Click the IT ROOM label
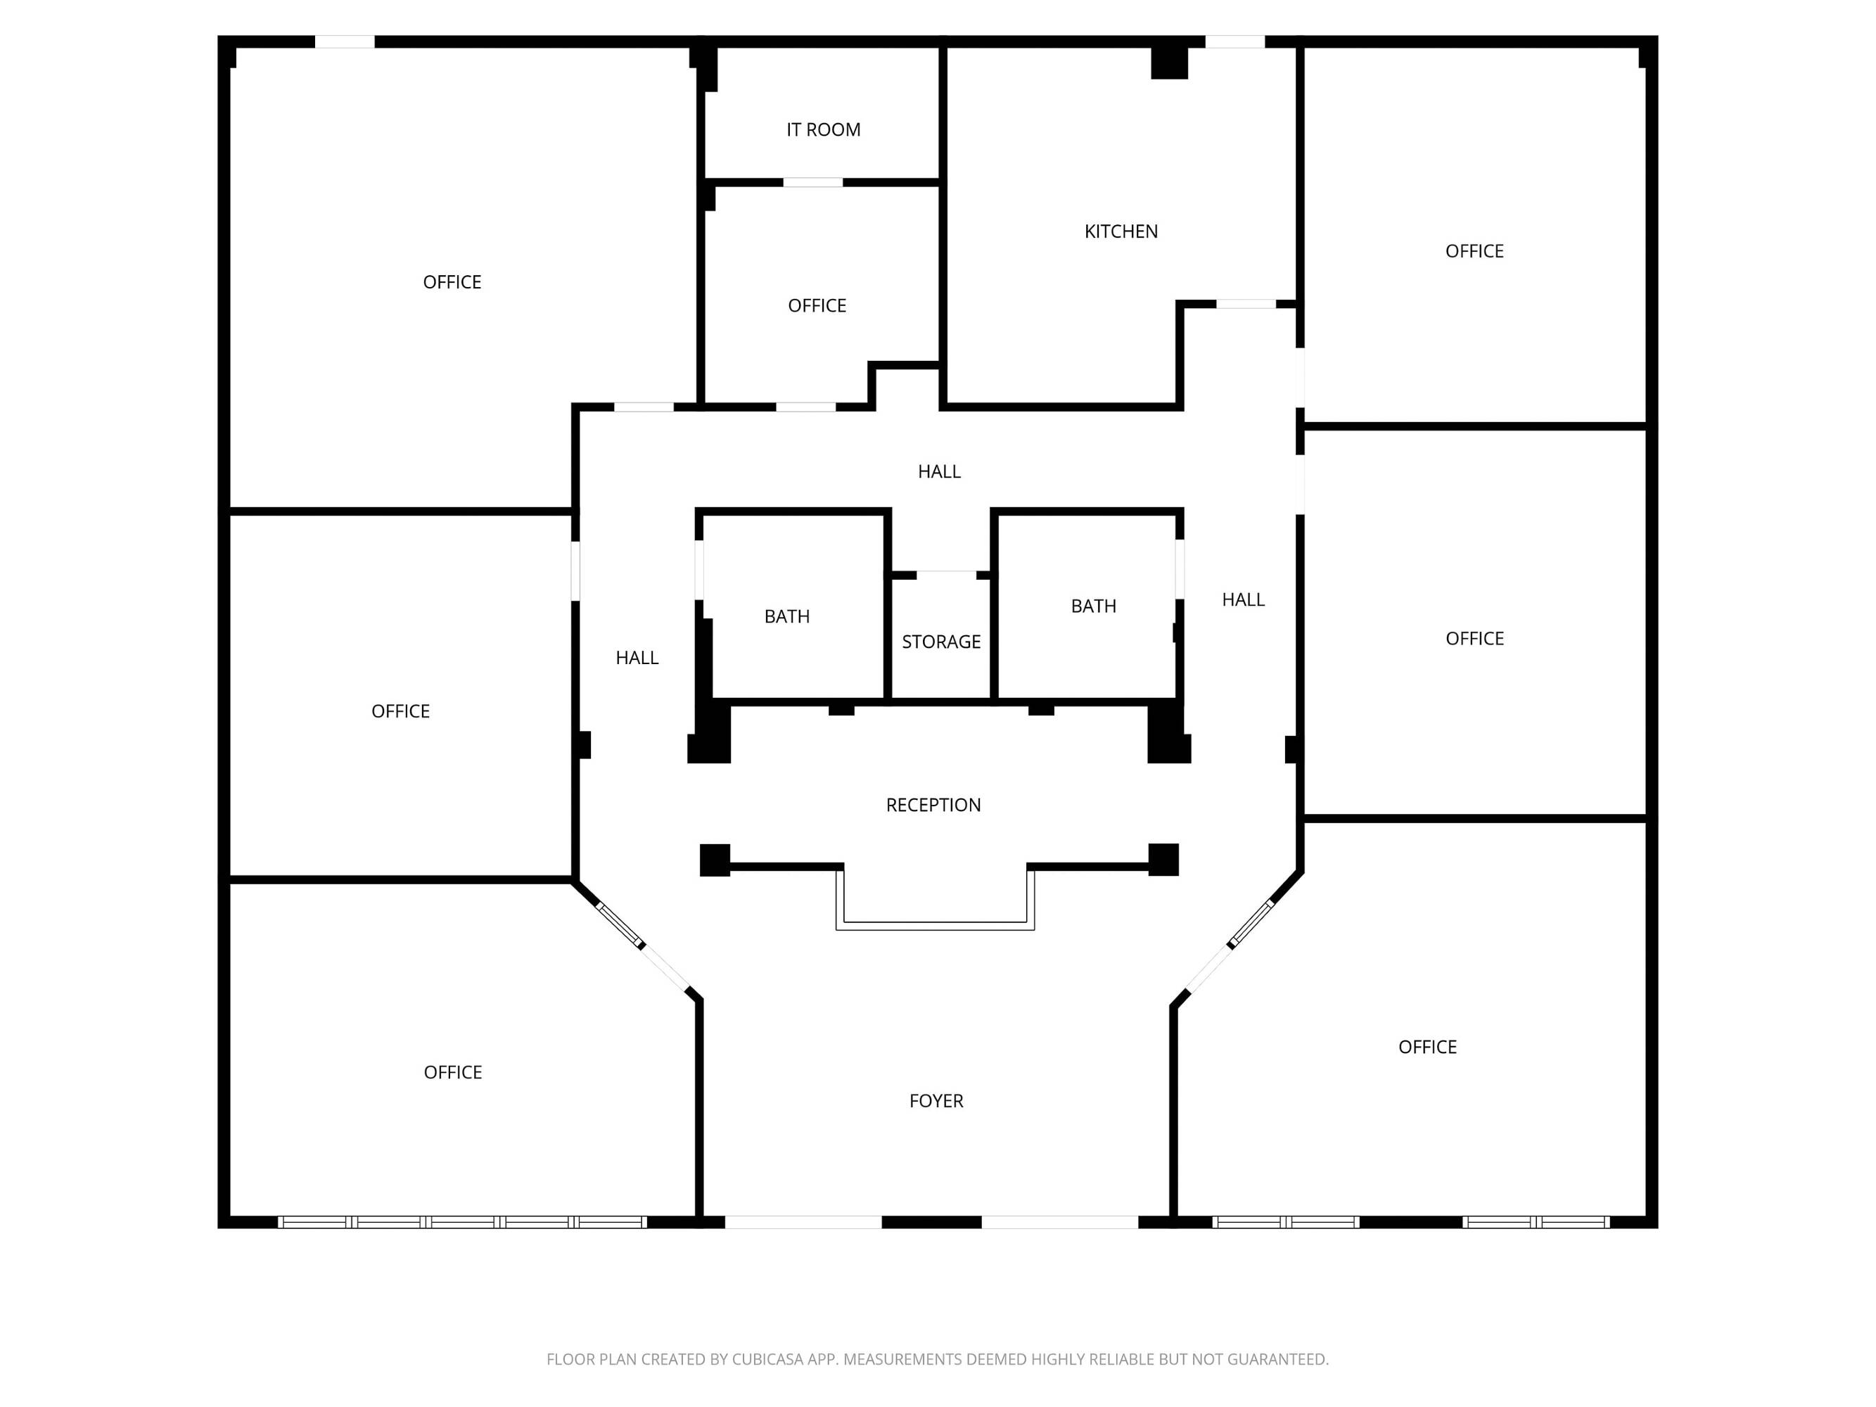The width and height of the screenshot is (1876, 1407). pyautogui.click(x=823, y=129)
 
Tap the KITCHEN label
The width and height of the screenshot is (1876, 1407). pyautogui.click(x=1121, y=231)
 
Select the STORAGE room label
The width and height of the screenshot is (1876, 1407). pyautogui.click(x=940, y=642)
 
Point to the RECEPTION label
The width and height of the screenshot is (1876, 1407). pyautogui.click(x=933, y=805)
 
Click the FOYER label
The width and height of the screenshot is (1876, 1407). pyautogui.click(x=936, y=1101)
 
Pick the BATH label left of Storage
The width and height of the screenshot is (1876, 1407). pyautogui.click(x=786, y=616)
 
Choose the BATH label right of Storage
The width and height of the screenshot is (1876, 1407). pyautogui.click(x=1093, y=606)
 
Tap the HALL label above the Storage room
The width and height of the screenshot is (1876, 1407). pyautogui.click(x=939, y=471)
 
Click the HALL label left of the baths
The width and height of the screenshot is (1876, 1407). pyautogui.click(x=637, y=658)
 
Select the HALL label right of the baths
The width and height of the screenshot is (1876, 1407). pyautogui.click(x=1244, y=599)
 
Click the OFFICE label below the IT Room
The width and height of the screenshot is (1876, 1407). pyautogui.click(x=817, y=305)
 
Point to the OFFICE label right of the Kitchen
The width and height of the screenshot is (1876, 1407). pyautogui.click(x=1474, y=251)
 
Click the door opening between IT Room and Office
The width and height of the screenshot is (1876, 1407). pyautogui.click(x=812, y=182)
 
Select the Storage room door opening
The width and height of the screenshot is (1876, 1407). pyautogui.click(x=947, y=575)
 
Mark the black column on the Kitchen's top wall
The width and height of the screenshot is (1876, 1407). pyautogui.click(x=1168, y=63)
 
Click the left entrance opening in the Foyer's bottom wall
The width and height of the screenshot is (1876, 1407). pyautogui.click(x=803, y=1222)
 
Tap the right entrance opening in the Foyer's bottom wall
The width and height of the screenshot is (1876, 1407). pyautogui.click(x=1060, y=1222)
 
